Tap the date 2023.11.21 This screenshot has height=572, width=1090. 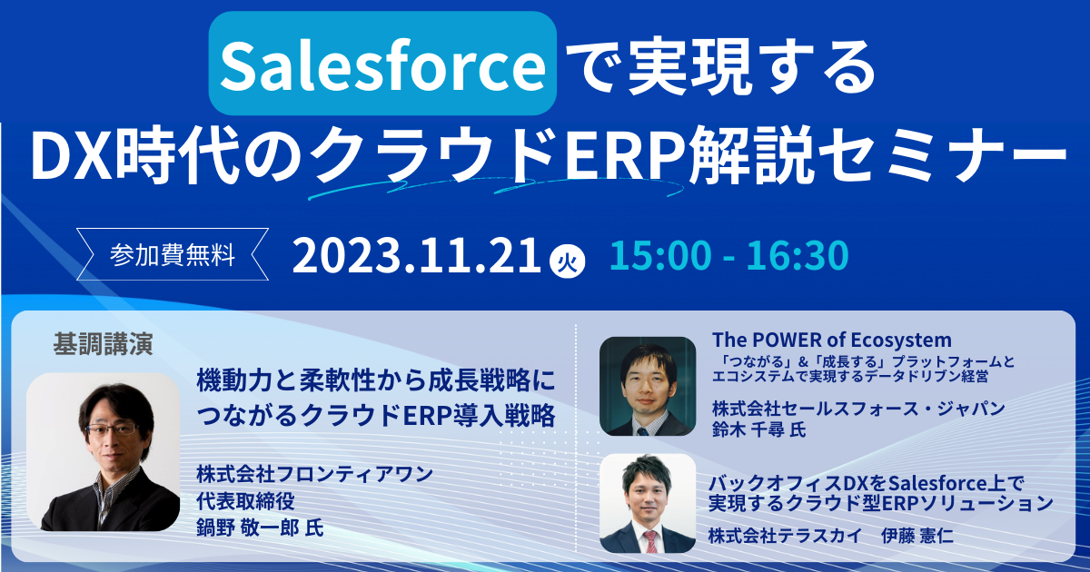(417, 255)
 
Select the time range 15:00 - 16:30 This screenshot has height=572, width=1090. (728, 255)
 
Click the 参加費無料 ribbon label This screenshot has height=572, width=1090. (173, 254)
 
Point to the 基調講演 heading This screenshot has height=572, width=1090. (104, 344)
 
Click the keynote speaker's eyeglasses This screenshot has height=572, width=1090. (112, 429)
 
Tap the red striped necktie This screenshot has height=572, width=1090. (650, 541)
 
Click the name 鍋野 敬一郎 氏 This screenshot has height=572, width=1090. (261, 528)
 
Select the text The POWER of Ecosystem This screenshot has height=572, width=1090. (832, 340)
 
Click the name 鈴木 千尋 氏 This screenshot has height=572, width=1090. (758, 429)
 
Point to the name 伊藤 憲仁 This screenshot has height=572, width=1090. (917, 536)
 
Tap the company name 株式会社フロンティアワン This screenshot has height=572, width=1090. (315, 474)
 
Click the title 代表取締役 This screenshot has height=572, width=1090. (246, 501)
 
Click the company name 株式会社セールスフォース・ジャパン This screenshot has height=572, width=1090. (859, 409)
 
